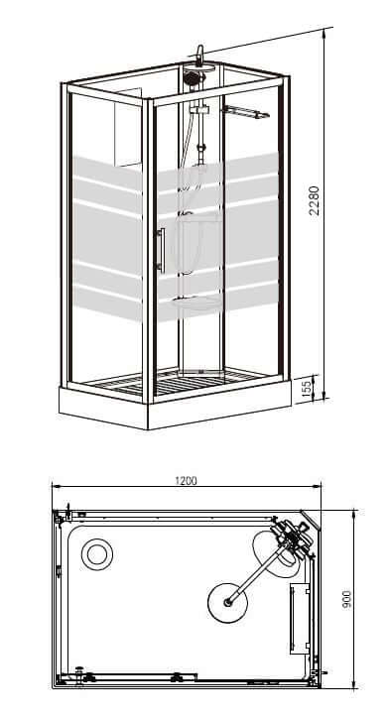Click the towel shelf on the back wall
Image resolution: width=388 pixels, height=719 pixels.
click(245, 112)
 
